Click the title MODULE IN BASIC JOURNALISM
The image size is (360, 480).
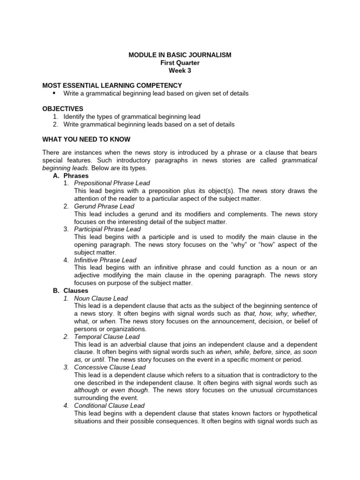[x=180, y=55]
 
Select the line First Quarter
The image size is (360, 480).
[x=180, y=63]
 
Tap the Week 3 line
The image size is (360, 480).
[x=180, y=71]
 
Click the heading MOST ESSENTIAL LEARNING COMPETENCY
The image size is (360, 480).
[x=112, y=85]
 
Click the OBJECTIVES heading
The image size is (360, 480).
[x=63, y=109]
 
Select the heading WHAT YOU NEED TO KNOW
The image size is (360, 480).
[x=86, y=140]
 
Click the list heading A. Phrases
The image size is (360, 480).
[x=71, y=176]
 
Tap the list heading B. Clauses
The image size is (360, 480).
[x=71, y=291]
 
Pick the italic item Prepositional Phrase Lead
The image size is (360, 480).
[x=112, y=183]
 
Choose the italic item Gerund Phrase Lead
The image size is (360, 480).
[x=104, y=206]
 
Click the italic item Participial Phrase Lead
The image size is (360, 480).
[x=107, y=229]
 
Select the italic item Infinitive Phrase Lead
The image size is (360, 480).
[x=105, y=260]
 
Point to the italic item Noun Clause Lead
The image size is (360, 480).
[x=101, y=298]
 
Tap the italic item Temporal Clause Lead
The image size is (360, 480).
[x=107, y=337]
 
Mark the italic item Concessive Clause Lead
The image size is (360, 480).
[x=110, y=367]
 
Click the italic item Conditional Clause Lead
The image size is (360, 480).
[x=109, y=405]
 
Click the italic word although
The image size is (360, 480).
[x=87, y=390]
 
